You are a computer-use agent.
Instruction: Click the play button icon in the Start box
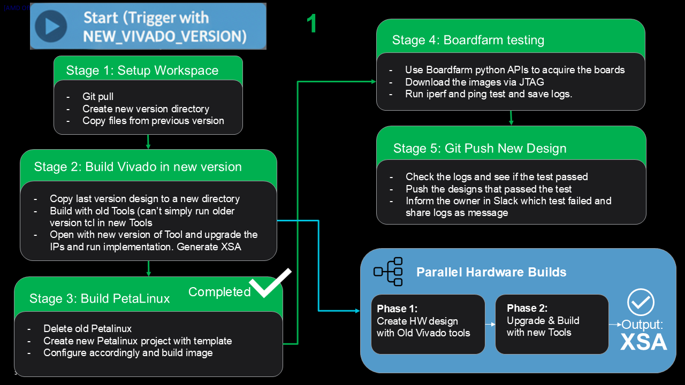pos(51,26)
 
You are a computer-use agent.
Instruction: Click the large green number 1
pos(311,24)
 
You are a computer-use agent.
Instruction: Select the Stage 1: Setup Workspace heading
pos(142,71)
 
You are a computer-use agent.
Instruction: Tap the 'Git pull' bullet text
pos(97,97)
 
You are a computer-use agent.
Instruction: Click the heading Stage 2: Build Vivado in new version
pos(138,167)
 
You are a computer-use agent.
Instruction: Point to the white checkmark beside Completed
pos(270,283)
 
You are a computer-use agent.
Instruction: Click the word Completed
pos(219,292)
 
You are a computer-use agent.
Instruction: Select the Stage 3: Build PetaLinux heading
pos(100,298)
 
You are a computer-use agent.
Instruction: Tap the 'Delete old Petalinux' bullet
pos(87,329)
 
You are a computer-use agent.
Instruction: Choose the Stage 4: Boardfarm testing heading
pos(468,40)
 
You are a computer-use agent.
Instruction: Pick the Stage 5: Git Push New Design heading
pos(479,148)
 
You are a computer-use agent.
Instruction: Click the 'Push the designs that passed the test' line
pos(488,189)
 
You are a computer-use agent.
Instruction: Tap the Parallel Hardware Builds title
pos(491,272)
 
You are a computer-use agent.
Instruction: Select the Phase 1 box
pos(428,324)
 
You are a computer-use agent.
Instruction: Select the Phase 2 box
pos(552,324)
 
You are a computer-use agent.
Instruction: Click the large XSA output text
pos(644,342)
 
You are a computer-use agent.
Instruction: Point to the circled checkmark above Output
pos(641,302)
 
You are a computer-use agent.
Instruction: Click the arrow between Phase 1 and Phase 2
pos(490,324)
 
